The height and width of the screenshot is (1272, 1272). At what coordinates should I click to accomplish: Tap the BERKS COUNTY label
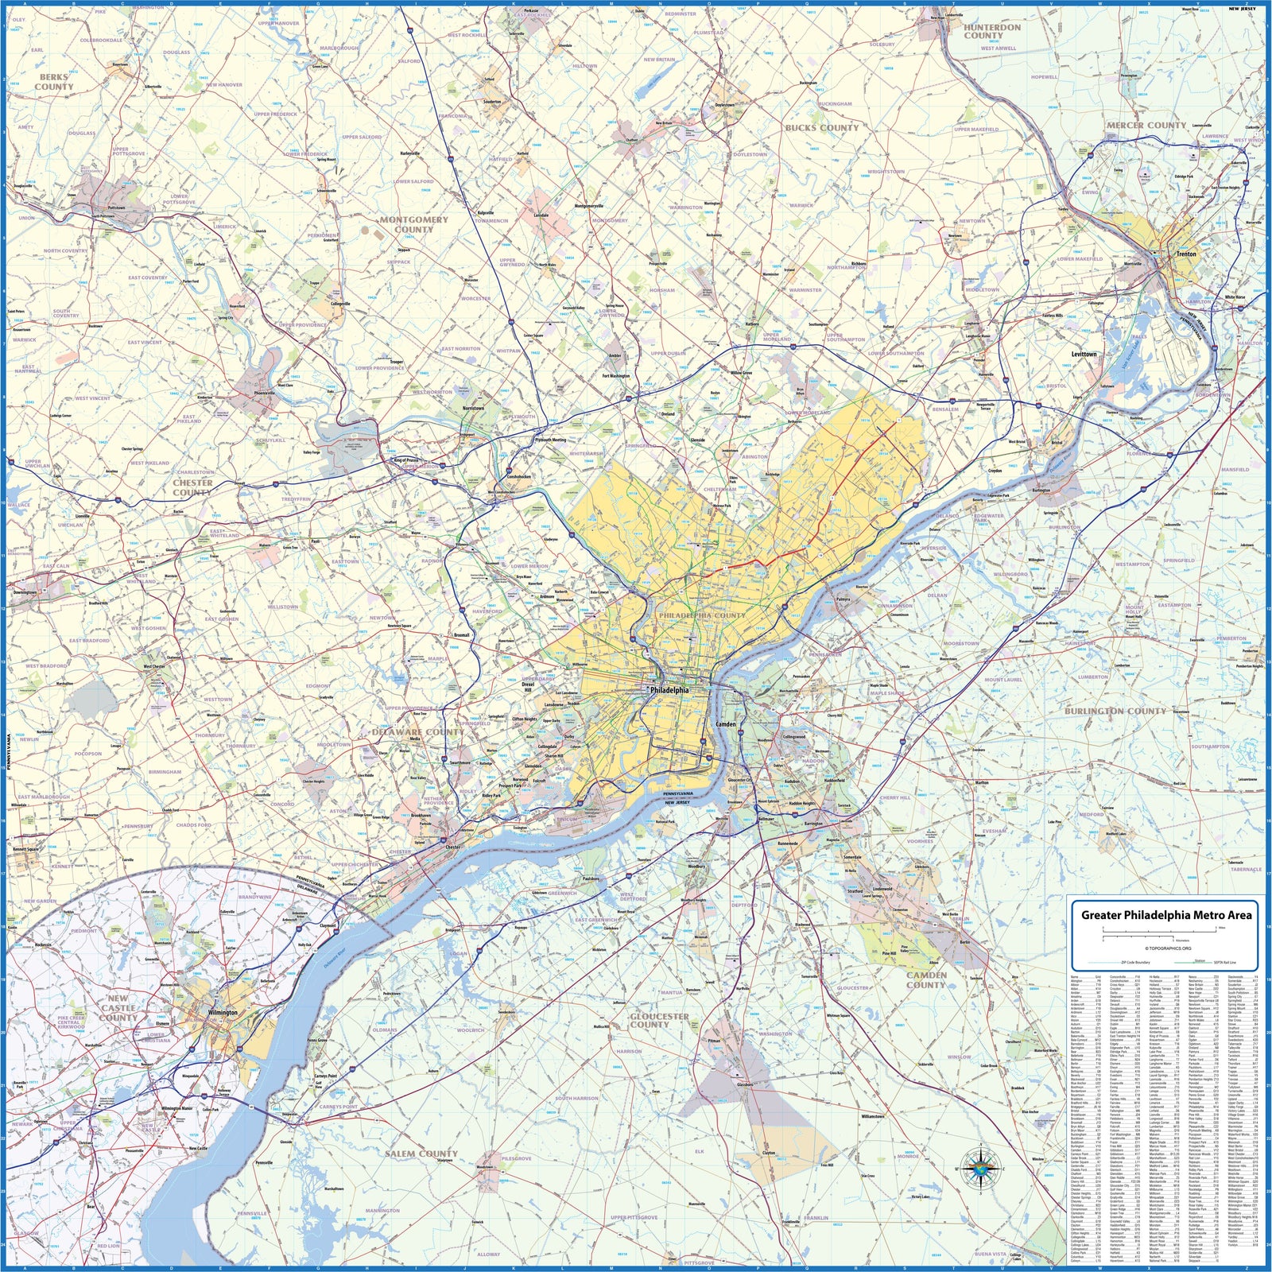pyautogui.click(x=54, y=82)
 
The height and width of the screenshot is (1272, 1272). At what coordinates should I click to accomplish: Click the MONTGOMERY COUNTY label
pyautogui.click(x=413, y=224)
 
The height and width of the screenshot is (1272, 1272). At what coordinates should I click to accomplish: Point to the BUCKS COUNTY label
pyautogui.click(x=822, y=127)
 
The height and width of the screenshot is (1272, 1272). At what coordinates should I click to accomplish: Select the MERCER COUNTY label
pyautogui.click(x=1146, y=126)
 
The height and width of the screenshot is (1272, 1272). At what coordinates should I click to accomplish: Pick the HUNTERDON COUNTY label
pyautogui.click(x=992, y=31)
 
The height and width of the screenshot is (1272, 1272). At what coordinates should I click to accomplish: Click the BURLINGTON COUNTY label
pyautogui.click(x=1115, y=711)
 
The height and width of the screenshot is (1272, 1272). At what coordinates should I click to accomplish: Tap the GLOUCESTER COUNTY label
pyautogui.click(x=659, y=1020)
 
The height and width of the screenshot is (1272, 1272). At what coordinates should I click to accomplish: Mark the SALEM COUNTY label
pyautogui.click(x=421, y=1154)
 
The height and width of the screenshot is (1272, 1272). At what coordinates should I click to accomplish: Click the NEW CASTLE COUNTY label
pyautogui.click(x=118, y=1007)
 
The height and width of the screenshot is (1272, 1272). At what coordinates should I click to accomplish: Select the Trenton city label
pyautogui.click(x=1186, y=254)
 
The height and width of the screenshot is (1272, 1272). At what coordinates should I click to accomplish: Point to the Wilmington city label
pyautogui.click(x=223, y=1013)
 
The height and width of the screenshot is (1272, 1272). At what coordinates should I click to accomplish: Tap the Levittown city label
pyautogui.click(x=1084, y=355)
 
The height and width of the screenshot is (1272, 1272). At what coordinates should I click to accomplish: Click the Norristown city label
pyautogui.click(x=473, y=408)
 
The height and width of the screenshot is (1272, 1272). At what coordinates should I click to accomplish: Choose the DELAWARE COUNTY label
pyautogui.click(x=417, y=732)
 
